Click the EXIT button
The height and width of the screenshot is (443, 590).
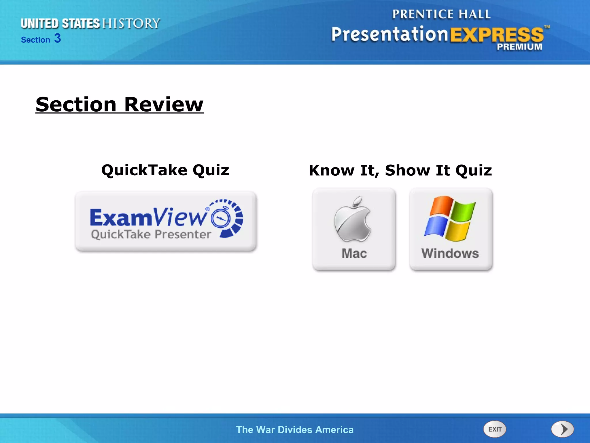pyautogui.click(x=494, y=429)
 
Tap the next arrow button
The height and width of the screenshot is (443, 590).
pyautogui.click(x=562, y=429)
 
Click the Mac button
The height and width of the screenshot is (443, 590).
pyautogui.click(x=354, y=229)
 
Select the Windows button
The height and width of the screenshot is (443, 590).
pyautogui.click(x=451, y=229)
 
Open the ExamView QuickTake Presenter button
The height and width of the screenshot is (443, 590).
pyautogui.click(x=166, y=221)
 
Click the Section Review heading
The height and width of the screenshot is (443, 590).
pyautogui.click(x=120, y=104)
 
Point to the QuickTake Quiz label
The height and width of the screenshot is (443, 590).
pyautogui.click(x=165, y=170)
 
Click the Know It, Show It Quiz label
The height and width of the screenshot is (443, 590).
pyautogui.click(x=400, y=170)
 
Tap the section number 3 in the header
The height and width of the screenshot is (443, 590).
pyautogui.click(x=58, y=38)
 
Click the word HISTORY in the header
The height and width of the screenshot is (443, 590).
pyautogui.click(x=131, y=23)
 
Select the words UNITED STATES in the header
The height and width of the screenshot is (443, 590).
pyautogui.click(x=60, y=24)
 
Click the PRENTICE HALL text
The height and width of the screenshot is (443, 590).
pyautogui.click(x=441, y=14)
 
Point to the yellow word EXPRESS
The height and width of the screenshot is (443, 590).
pyautogui.click(x=497, y=35)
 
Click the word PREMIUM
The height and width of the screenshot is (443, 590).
pyautogui.click(x=519, y=47)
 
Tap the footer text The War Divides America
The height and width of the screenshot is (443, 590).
pyautogui.click(x=295, y=430)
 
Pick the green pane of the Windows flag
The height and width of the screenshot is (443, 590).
pyautogui.click(x=462, y=210)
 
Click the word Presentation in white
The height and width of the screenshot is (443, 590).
pyautogui.click(x=389, y=34)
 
